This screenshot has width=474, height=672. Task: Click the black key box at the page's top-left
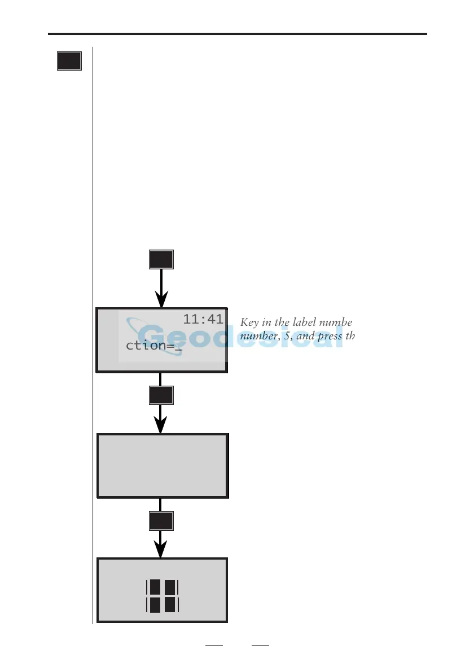click(69, 61)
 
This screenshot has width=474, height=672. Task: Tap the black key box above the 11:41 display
click(161, 259)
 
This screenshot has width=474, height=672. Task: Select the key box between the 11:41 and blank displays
click(161, 395)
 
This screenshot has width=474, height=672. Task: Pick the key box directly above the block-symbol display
click(161, 521)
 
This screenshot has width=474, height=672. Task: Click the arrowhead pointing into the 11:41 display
click(162, 299)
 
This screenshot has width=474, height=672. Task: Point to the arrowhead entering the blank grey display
click(161, 425)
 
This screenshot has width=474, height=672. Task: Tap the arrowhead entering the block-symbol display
click(161, 551)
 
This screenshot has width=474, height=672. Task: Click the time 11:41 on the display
click(203, 320)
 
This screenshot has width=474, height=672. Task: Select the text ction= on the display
click(149, 345)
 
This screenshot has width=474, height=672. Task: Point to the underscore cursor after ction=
click(178, 350)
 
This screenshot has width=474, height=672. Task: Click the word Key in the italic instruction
click(249, 323)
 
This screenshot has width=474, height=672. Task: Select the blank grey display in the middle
click(163, 466)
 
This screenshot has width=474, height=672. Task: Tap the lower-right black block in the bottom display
click(170, 605)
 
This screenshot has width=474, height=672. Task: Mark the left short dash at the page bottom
click(214, 645)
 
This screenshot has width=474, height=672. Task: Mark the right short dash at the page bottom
click(260, 645)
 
